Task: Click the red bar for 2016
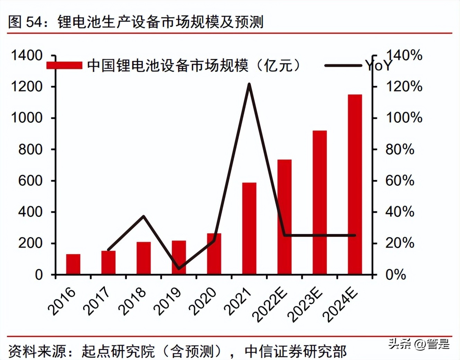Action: coord(73,264)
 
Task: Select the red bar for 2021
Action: coord(249,228)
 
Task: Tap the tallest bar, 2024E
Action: coord(355,184)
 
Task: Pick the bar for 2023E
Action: coord(319,202)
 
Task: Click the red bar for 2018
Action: coord(143,258)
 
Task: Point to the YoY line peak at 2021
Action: coord(249,84)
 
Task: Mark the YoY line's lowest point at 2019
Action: coord(179,268)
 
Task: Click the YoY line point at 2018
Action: coord(143,216)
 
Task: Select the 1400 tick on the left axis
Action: coord(27,55)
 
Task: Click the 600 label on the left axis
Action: coord(30,181)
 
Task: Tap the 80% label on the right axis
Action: coord(400,150)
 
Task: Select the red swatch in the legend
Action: coord(64,65)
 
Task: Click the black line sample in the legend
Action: coord(343,65)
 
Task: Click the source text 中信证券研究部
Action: coord(295,351)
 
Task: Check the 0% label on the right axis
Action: coord(396,275)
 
